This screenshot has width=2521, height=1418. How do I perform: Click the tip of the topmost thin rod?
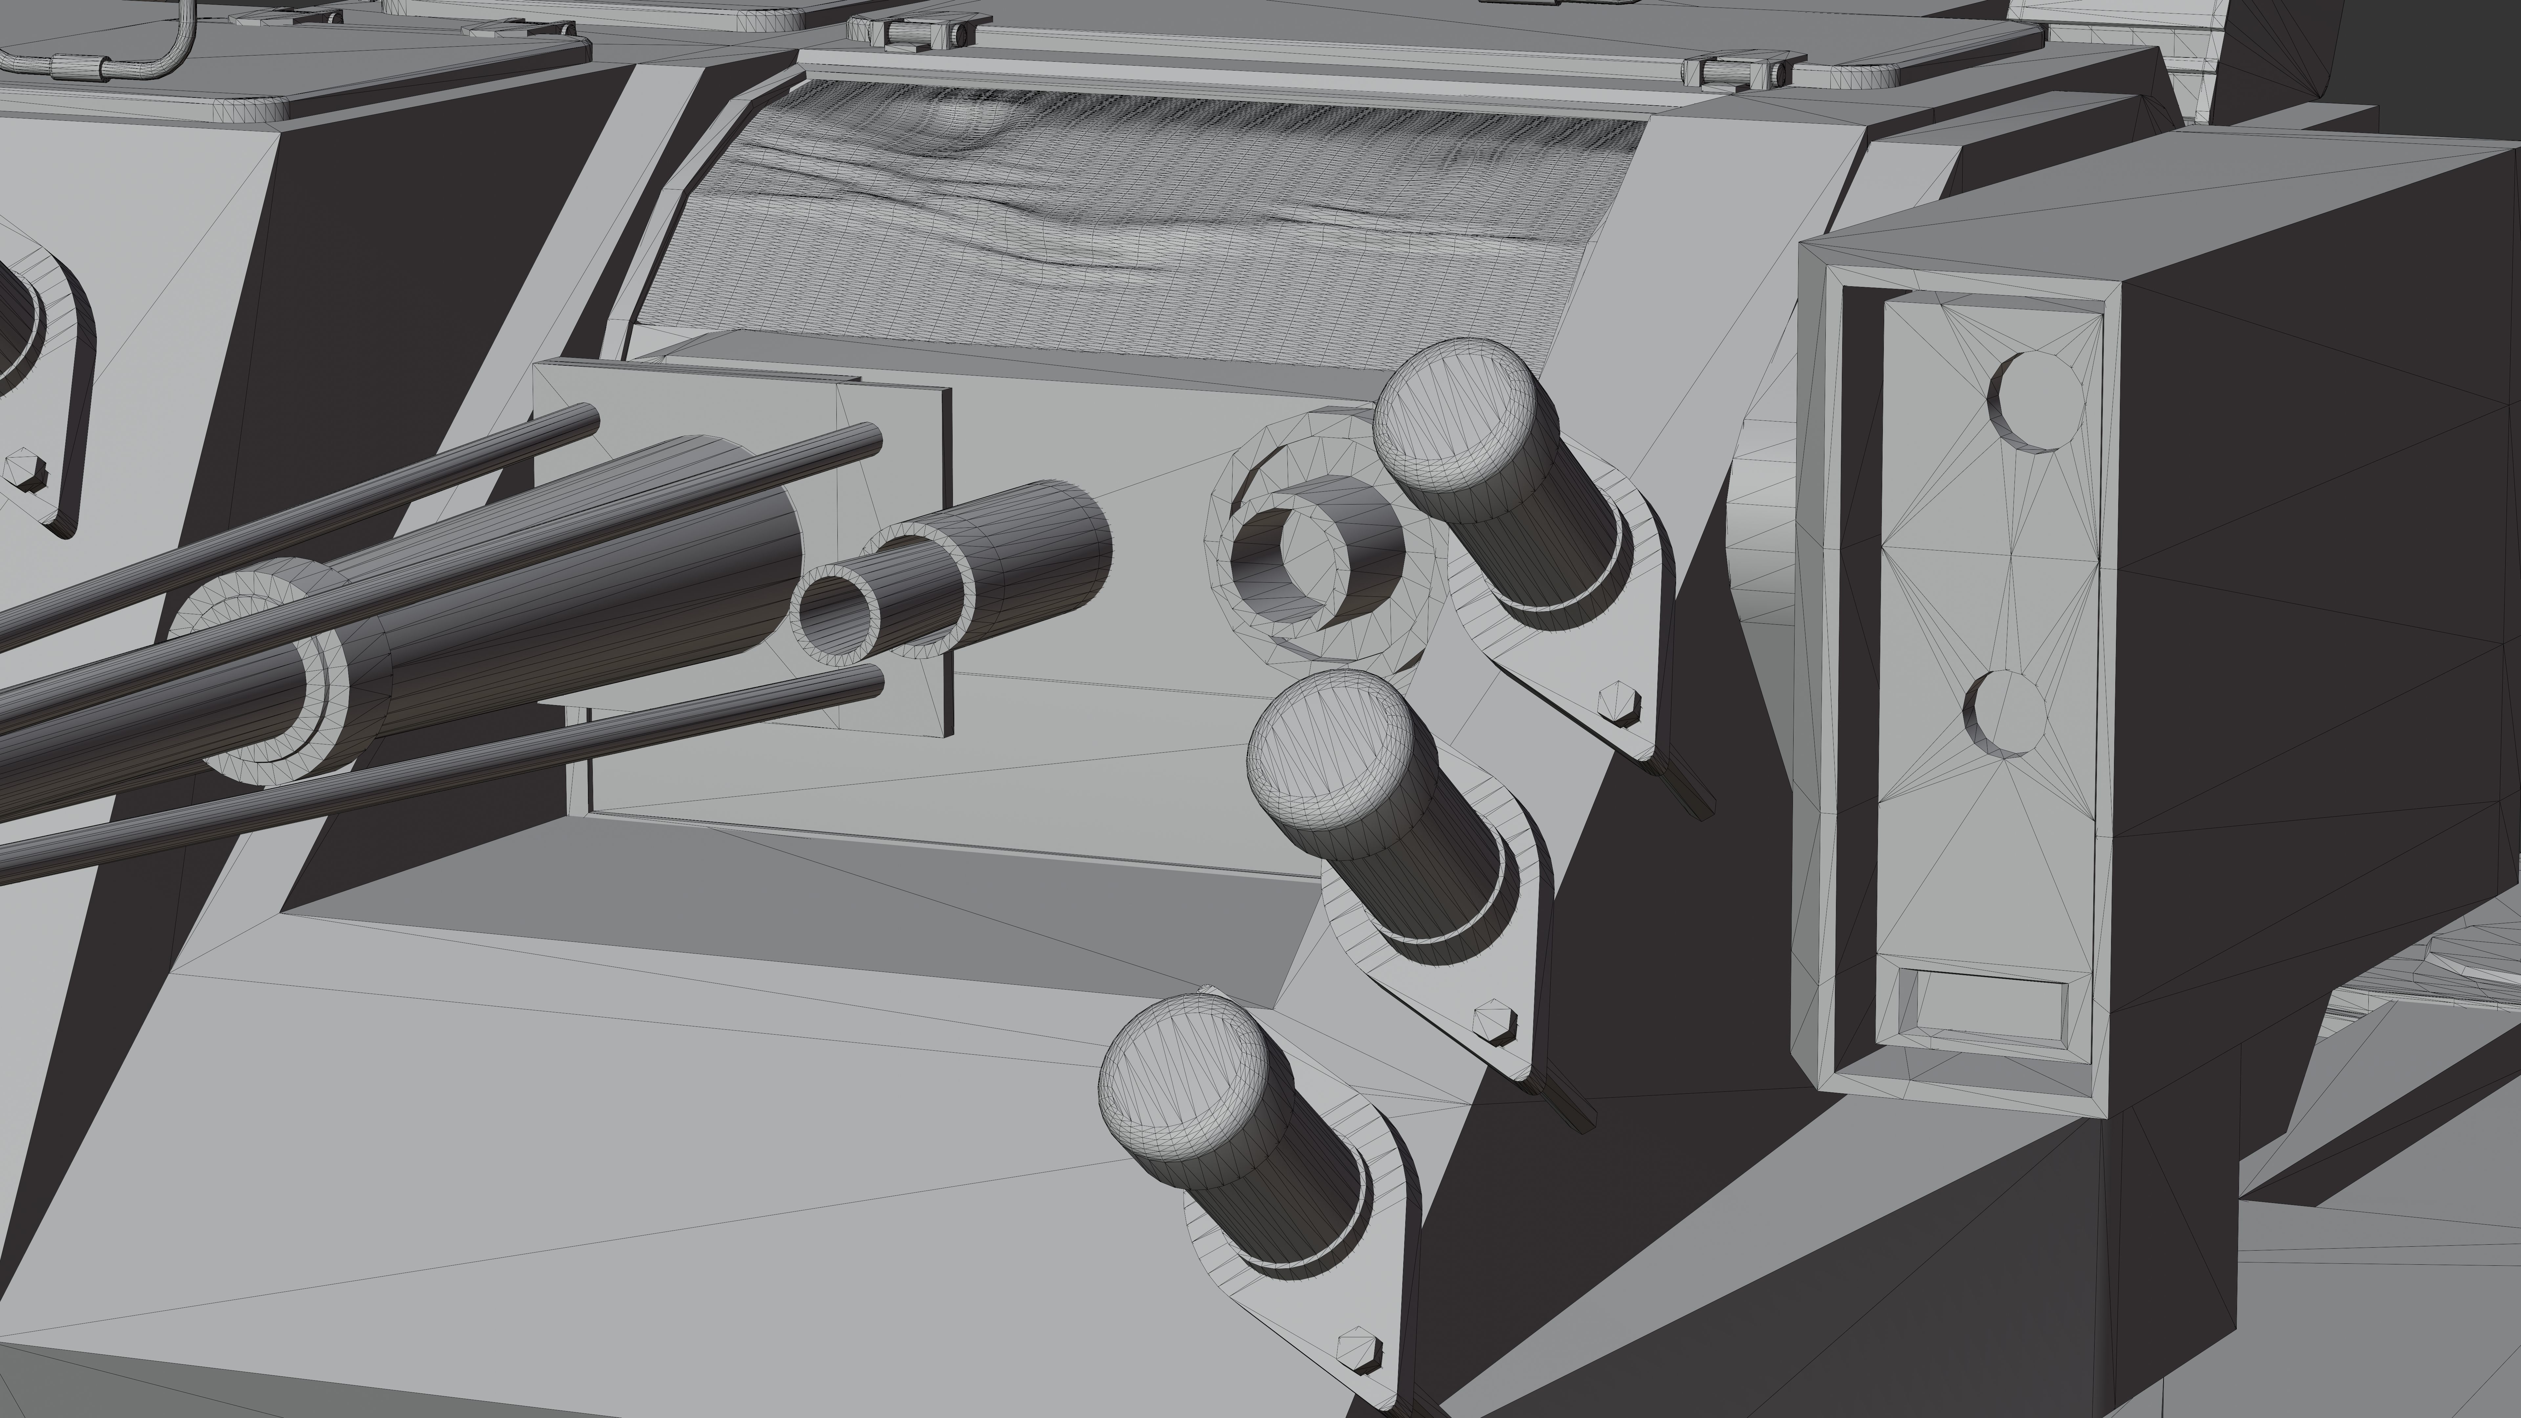(587, 419)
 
